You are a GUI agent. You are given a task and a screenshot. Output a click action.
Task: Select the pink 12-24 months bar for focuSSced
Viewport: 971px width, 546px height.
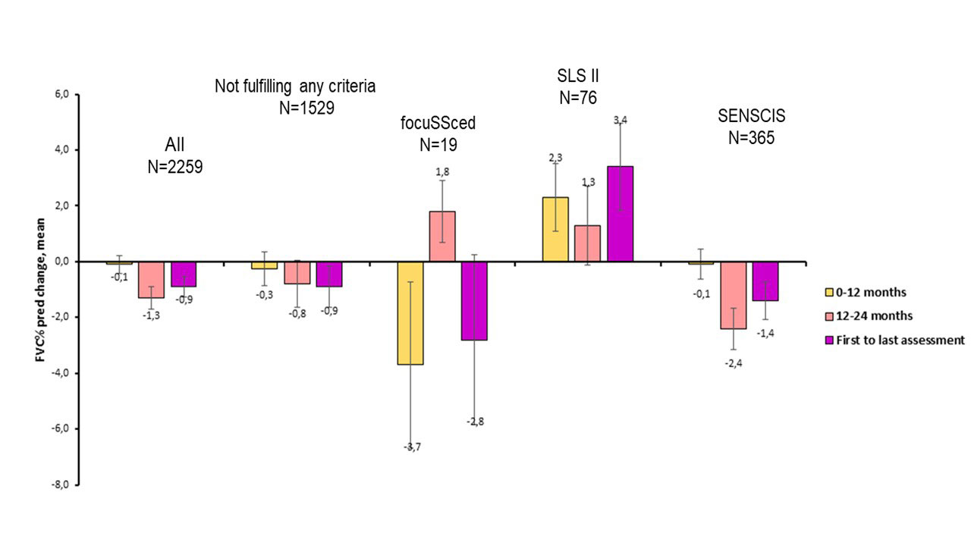click(443, 236)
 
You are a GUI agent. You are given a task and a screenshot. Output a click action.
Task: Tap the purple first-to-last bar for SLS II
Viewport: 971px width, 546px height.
click(620, 213)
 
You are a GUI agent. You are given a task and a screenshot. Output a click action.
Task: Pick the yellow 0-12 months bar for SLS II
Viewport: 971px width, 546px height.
click(555, 229)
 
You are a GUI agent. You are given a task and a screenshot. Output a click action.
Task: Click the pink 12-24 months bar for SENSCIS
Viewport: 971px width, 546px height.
click(734, 295)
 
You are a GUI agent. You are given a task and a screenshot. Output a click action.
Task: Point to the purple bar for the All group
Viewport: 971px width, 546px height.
click(184, 274)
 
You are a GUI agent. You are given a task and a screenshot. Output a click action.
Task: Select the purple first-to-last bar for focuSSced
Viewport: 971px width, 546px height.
click(475, 300)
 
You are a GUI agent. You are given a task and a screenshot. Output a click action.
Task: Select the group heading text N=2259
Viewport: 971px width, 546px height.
click(174, 167)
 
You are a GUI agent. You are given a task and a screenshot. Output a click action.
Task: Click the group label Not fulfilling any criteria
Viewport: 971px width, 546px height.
click(295, 86)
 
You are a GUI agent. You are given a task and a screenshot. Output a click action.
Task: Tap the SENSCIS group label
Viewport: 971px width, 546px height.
click(751, 117)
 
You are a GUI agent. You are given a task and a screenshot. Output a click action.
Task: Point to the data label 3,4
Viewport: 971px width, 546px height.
click(620, 120)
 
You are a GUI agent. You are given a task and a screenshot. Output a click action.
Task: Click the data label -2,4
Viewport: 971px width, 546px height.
click(733, 362)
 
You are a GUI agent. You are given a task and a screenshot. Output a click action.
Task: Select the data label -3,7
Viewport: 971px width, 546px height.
click(410, 447)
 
